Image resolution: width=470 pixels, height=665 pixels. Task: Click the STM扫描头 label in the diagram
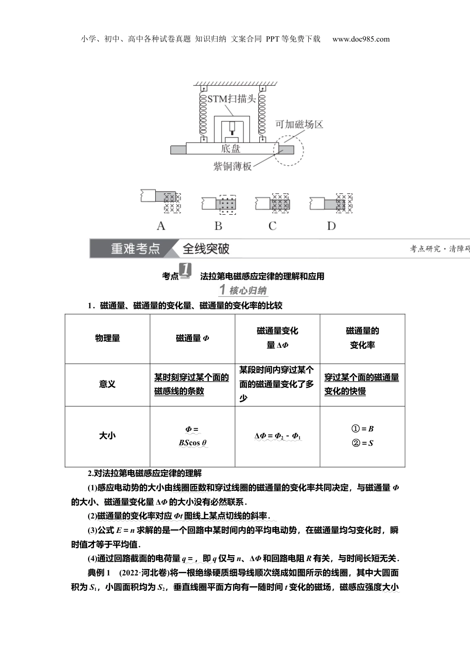pyautogui.click(x=232, y=98)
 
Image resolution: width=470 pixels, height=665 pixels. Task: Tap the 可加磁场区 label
pyautogui.click(x=299, y=125)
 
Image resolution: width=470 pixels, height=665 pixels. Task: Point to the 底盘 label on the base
pyautogui.click(x=231, y=148)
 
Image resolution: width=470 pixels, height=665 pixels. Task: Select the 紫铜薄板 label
pyautogui.click(x=233, y=166)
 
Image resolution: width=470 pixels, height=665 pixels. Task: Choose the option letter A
pyautogui.click(x=161, y=226)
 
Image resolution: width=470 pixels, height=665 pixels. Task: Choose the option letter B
pyautogui.click(x=218, y=226)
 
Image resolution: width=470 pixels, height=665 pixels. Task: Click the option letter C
pyautogui.click(x=273, y=226)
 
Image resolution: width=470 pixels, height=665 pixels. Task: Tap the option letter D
pyautogui.click(x=331, y=226)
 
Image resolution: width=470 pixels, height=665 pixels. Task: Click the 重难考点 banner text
pyautogui.click(x=135, y=249)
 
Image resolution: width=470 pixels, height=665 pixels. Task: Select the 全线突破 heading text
pyautogui.click(x=206, y=249)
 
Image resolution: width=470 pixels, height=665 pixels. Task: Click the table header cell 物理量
pyautogui.click(x=107, y=338)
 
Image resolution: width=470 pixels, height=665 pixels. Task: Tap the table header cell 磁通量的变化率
pyautogui.click(x=362, y=338)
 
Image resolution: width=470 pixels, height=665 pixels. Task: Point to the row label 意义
pyautogui.click(x=107, y=384)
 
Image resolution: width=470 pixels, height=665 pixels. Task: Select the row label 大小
pyautogui.click(x=107, y=436)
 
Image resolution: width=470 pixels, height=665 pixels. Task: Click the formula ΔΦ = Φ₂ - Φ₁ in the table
pyautogui.click(x=278, y=436)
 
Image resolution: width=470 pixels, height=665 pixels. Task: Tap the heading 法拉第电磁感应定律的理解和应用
pyautogui.click(x=262, y=277)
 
